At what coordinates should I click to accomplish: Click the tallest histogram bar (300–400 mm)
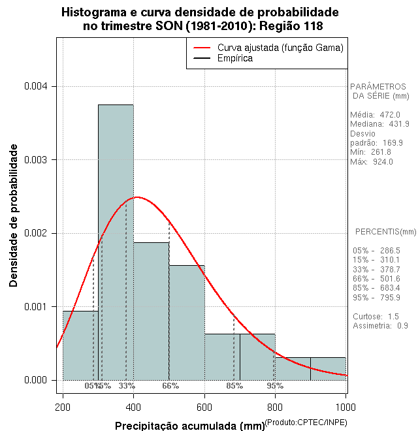[x=116, y=242]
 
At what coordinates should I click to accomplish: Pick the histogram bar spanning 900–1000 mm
[x=328, y=368]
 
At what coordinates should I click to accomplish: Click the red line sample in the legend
[x=201, y=48]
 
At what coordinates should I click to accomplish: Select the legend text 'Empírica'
[x=234, y=59]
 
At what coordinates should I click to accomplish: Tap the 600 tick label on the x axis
[x=204, y=407]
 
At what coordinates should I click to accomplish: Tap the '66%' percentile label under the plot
[x=170, y=386]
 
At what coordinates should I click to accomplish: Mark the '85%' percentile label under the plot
[x=234, y=386]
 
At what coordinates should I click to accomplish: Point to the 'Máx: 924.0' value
[x=372, y=161]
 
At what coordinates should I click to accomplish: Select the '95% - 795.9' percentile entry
[x=376, y=298]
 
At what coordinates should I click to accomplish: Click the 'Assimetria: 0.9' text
[x=380, y=325]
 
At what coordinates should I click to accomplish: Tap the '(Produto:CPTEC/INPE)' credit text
[x=306, y=423]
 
